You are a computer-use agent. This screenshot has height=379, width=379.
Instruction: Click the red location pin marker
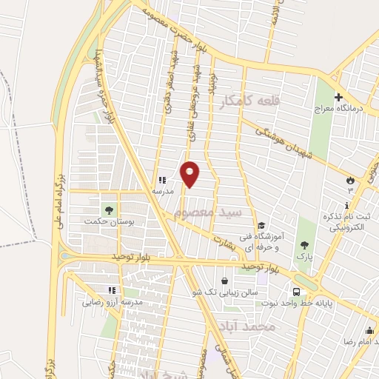pyautogui.click(x=190, y=174)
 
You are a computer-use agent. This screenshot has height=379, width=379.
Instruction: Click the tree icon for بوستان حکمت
pyautogui.click(x=109, y=210)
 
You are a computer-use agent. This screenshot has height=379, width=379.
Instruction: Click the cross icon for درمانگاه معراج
pyautogui.click(x=338, y=98)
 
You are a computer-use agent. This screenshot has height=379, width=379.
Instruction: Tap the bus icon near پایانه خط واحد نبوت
pyautogui.click(x=297, y=291)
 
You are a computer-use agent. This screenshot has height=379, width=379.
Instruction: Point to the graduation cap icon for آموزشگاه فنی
pyautogui.click(x=261, y=227)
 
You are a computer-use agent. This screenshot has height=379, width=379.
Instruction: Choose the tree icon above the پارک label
pyautogui.click(x=304, y=244)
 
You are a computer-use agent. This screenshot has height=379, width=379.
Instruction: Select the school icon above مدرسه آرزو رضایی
pyautogui.click(x=112, y=291)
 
